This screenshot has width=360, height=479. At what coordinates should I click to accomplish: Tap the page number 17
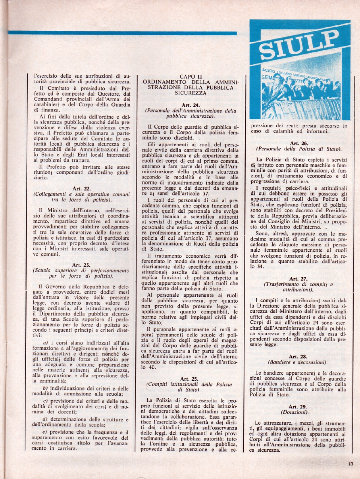tap(350, 464)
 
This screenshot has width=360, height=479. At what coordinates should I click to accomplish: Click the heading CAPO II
tap(191, 77)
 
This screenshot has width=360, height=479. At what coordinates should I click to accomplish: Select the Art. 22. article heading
tap(81, 189)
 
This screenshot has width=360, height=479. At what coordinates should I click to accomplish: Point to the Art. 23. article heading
tap(81, 265)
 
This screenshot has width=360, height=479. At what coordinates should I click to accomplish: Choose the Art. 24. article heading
tap(190, 105)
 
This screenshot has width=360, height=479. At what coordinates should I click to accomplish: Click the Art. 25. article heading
tap(189, 379)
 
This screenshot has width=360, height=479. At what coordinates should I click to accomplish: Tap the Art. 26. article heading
tap(298, 143)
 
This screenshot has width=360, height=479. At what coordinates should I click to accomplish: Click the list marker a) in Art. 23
tap(45, 343)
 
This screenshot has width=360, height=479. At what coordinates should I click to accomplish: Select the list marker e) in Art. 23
tap(45, 432)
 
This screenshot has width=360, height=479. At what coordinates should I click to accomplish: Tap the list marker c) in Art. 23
tap(45, 401)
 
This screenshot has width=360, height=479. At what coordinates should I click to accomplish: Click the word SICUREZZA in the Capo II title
tap(190, 93)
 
